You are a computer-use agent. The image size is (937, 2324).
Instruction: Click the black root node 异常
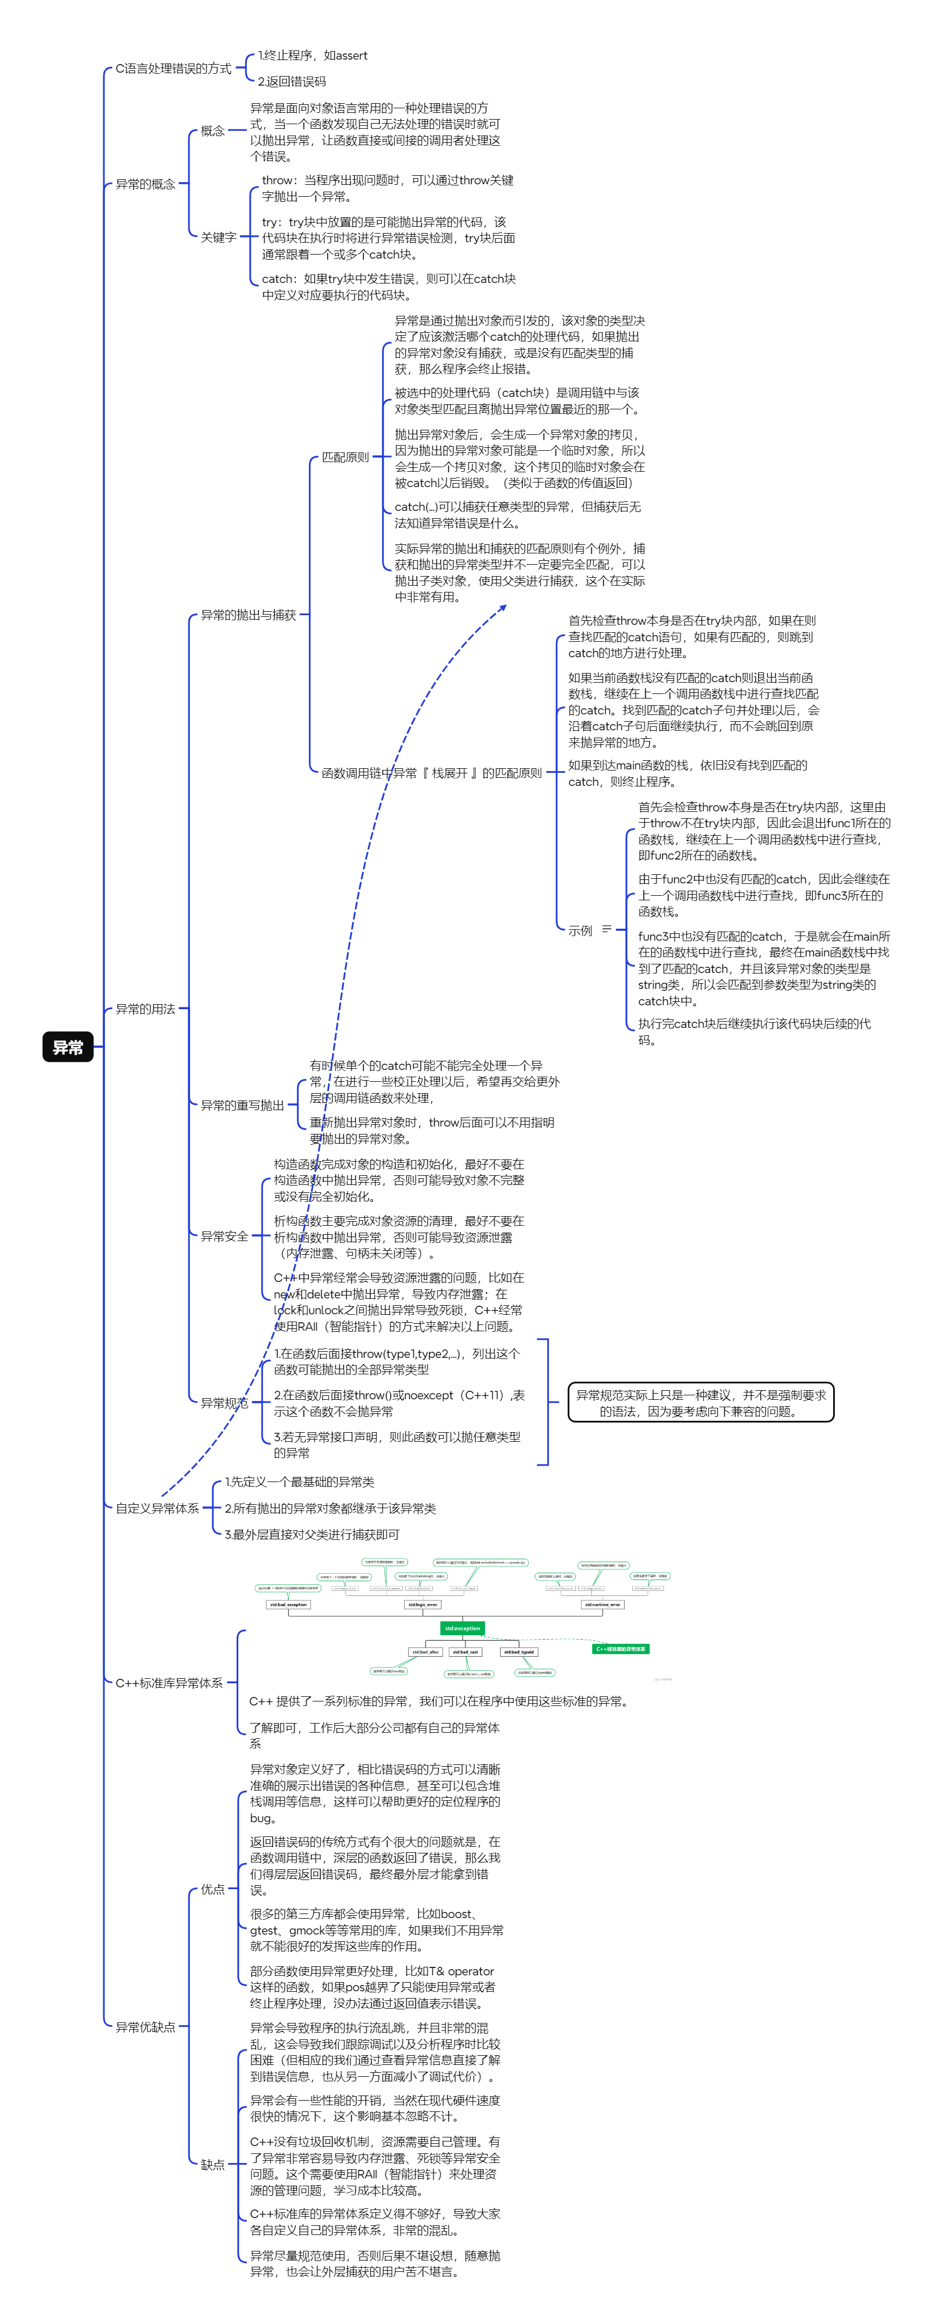pos(68,1047)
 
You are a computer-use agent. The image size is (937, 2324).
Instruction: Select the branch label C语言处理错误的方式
pos(173,69)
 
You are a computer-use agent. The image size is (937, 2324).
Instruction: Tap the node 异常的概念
pos(145,184)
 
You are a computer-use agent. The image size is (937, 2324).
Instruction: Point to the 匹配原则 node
pos(345,458)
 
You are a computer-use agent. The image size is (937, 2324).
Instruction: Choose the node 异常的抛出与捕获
pos(248,615)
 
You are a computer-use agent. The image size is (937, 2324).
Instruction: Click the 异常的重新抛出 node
pos(242,1105)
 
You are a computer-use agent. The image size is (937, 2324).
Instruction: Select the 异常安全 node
pos(224,1236)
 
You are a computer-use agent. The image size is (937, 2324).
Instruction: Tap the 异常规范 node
pos(224,1403)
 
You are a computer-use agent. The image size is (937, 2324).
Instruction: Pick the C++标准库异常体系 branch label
pos(169,1683)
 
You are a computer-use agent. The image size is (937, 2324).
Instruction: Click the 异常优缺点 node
pos(145,2026)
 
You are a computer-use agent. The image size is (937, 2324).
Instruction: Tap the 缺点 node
pos(213,2164)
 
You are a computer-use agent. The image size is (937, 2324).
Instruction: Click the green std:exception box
pos(462,1628)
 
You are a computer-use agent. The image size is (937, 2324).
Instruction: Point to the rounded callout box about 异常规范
pos(700,1403)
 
